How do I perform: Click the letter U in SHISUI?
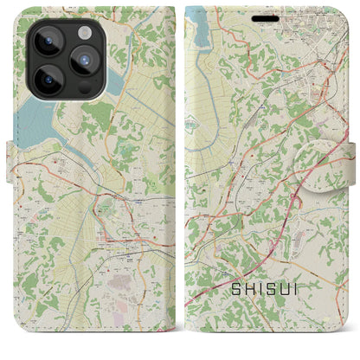tap(285, 304)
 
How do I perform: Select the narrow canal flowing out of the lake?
tap(87, 157)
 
